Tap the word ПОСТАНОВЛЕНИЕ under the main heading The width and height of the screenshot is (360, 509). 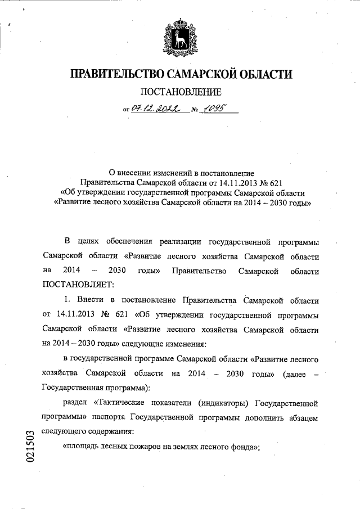tap(181, 92)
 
